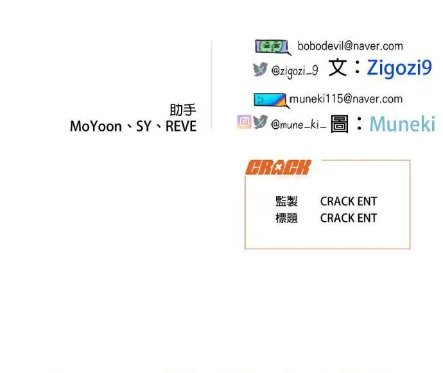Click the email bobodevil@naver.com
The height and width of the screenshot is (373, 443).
[351, 46]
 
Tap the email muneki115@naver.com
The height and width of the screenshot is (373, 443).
[346, 99]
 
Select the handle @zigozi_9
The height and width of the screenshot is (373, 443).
[295, 70]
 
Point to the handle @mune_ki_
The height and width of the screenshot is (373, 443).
[299, 124]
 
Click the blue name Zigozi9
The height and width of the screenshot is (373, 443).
[399, 68]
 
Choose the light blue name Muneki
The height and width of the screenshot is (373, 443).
[403, 124]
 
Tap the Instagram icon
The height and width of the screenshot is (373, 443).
[244, 122]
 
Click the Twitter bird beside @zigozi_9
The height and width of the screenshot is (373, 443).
[260, 69]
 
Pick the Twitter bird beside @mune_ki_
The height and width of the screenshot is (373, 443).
[260, 122]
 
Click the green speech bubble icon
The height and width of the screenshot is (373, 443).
[273, 47]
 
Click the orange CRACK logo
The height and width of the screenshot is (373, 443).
[278, 167]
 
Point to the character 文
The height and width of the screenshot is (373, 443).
[338, 68]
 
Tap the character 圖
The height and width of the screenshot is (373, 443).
[340, 124]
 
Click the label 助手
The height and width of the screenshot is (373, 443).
[183, 110]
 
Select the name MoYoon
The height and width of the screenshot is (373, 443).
[96, 126]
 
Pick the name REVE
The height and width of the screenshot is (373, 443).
[181, 126]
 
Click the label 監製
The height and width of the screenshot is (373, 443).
[286, 201]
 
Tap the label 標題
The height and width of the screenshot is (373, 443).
[286, 218]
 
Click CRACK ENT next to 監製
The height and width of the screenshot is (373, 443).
[349, 201]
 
